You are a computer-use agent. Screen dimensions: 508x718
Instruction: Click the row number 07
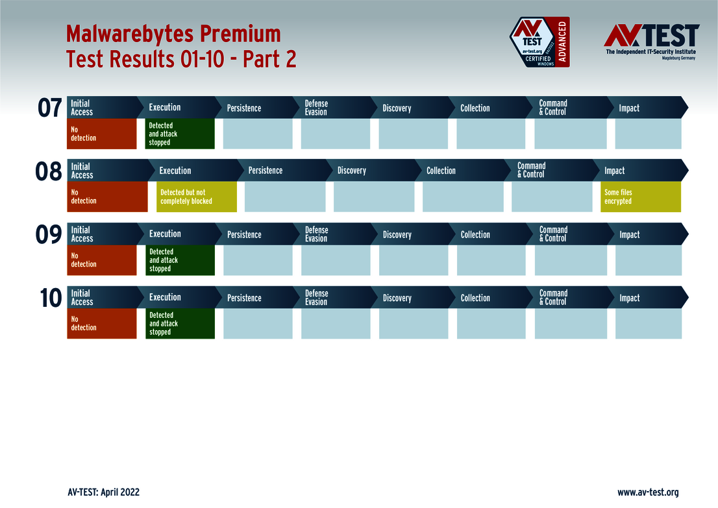50,108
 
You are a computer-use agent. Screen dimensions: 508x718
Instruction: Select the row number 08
49,172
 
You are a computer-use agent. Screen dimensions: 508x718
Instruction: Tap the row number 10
50,298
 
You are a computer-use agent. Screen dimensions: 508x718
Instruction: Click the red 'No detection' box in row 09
102,260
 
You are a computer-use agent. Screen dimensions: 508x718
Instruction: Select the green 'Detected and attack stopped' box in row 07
180,134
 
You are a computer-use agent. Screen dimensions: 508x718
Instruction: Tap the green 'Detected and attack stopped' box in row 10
180,323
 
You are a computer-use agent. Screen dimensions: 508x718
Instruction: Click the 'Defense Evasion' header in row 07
317,108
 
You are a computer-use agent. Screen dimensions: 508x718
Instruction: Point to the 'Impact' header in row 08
614,171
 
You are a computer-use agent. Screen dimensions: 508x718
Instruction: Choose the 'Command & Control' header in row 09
553,234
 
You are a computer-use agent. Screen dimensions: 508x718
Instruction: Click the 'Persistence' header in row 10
244,298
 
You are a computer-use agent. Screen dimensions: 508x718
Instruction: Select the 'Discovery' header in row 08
352,171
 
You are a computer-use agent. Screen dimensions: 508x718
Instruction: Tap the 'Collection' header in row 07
475,108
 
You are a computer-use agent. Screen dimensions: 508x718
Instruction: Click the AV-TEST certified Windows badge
539,42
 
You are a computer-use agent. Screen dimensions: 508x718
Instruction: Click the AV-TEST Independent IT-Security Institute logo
651,42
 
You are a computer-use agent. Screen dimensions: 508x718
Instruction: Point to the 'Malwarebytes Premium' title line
173,33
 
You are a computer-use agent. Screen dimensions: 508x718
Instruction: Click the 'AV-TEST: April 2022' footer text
103,492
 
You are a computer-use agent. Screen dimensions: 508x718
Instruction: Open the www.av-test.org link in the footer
647,492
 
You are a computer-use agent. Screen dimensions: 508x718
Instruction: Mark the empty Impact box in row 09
648,260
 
